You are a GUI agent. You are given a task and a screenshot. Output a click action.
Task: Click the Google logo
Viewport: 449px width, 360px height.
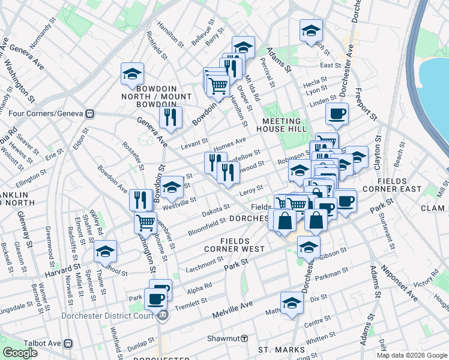click(20, 353)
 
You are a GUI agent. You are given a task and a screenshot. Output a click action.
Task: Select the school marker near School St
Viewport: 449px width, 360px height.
click(105, 251)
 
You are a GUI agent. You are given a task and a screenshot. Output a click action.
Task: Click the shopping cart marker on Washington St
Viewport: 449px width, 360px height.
click(145, 222)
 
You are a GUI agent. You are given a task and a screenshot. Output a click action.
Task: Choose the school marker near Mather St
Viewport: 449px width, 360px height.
click(292, 303)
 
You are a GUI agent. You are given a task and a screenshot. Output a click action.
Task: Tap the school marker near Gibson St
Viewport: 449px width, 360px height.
click(309, 246)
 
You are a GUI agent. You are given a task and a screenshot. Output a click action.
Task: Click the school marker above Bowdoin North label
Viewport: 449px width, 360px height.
click(132, 73)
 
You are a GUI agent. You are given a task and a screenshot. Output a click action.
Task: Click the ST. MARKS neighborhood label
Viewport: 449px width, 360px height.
click(278, 349)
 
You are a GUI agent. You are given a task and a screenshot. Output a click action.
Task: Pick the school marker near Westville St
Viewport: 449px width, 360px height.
click(172, 187)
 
